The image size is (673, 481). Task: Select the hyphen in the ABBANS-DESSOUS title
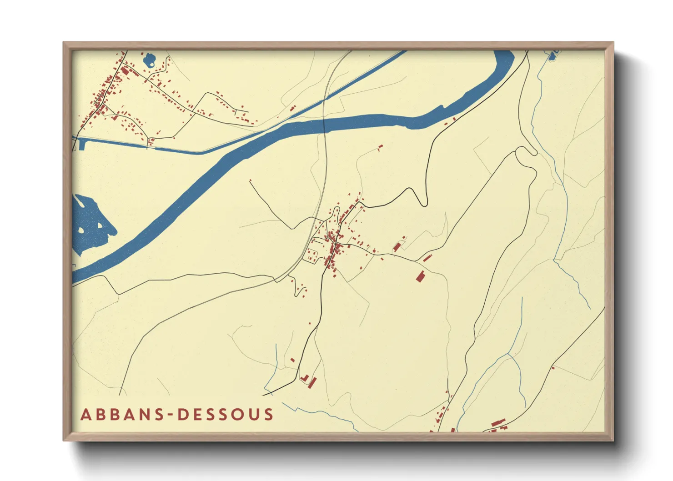pyautogui.click(x=170, y=415)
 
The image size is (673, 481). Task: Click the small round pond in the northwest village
pyautogui.click(x=149, y=60)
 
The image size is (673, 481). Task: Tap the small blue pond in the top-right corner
pyautogui.click(x=552, y=56)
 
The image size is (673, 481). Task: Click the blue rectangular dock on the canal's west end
pyautogui.click(x=82, y=144)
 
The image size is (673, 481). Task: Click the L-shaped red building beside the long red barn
pyautogui.click(x=304, y=378)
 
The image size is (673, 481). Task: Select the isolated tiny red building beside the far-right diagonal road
pyautogui.click(x=553, y=367)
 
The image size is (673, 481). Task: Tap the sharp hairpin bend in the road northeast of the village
pyautogui.click(x=425, y=203)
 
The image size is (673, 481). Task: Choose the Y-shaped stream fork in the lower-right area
pyautogui.click(x=510, y=354)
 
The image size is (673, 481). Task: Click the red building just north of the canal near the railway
pyautogui.click(x=293, y=108)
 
